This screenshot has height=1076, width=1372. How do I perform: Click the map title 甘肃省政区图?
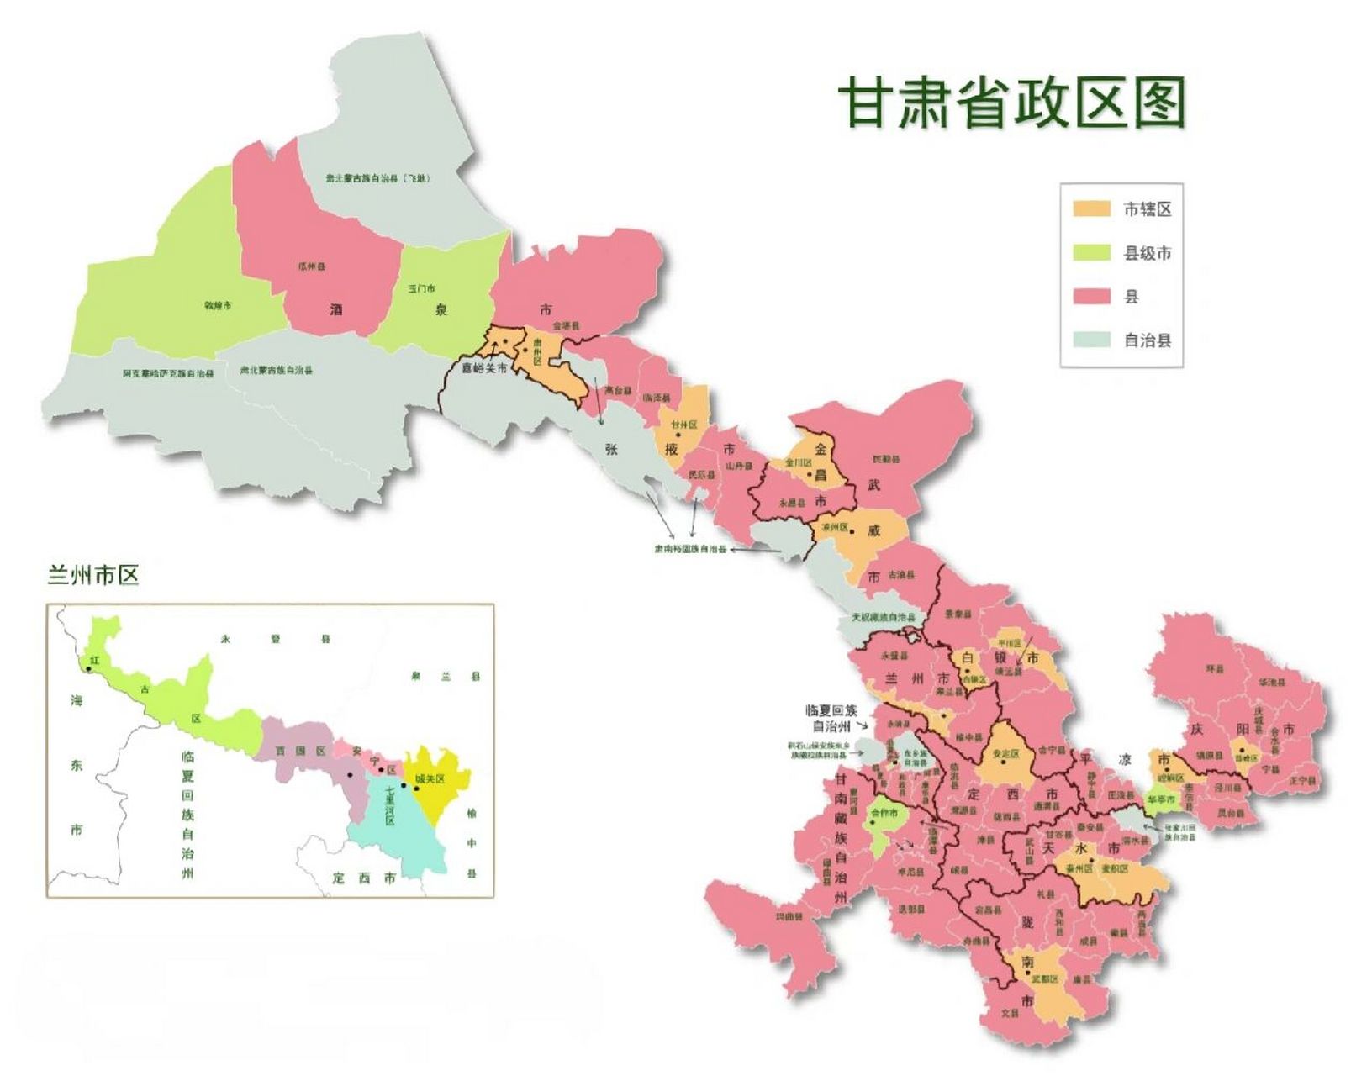(x=1012, y=103)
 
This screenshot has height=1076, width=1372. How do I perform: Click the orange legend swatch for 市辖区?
(x=1091, y=208)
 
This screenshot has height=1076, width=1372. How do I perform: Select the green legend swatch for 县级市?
(x=1091, y=252)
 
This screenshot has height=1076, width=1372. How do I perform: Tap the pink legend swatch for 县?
(x=1091, y=296)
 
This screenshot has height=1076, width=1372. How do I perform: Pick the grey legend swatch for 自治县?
(x=1091, y=340)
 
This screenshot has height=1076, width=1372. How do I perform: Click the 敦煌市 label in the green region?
(x=218, y=305)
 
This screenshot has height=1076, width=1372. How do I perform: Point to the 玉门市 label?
(x=421, y=288)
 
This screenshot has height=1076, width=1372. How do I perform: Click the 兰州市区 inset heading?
(x=93, y=575)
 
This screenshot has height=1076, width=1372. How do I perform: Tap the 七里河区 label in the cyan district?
(x=390, y=805)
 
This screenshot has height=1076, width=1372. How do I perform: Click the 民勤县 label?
(x=886, y=460)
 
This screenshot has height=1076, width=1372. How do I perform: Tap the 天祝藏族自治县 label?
(x=883, y=617)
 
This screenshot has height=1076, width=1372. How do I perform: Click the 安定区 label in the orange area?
(x=1005, y=754)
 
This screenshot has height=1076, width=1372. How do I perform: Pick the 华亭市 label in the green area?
(x=1161, y=799)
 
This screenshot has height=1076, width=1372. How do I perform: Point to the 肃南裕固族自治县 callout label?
(x=690, y=550)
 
